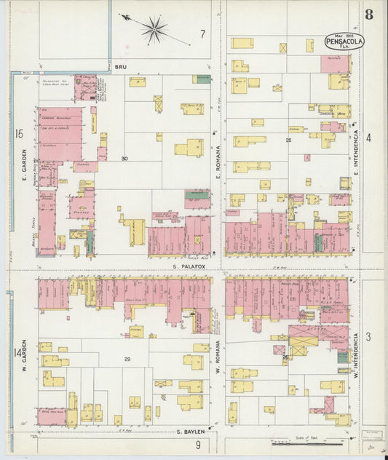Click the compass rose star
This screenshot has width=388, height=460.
click(154, 29)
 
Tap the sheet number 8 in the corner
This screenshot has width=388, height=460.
click(370, 14)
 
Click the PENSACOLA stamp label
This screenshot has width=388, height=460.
click(344, 41)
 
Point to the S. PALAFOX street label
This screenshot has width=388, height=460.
click(186, 266)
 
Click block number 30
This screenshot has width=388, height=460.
click(124, 159)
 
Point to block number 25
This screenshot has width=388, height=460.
click(288, 140)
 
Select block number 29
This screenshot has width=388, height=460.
click(127, 360)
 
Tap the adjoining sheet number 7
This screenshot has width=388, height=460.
click(202, 33)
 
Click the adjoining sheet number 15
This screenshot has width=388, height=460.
click(18, 133)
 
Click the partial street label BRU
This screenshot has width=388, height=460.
click(122, 66)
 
